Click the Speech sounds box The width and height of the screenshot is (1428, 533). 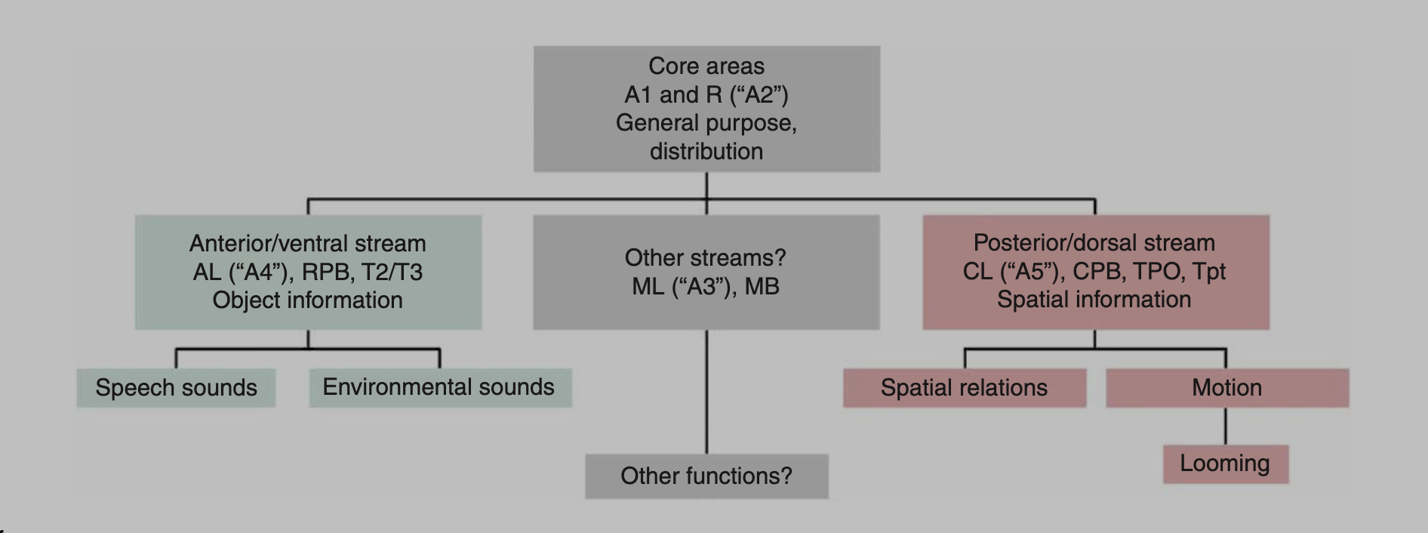point(176,388)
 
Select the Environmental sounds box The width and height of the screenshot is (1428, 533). point(439,387)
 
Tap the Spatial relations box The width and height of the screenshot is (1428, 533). point(964,388)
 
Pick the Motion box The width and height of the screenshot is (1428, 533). point(1226,388)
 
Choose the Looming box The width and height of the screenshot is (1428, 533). point(1225,464)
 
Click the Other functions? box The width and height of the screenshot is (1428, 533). point(706,476)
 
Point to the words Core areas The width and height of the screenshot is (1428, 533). point(706,66)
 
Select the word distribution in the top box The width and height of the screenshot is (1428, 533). point(706,152)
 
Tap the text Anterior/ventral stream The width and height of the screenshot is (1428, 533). point(308,244)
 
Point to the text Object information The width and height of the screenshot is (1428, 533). point(308,300)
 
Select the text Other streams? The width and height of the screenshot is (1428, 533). point(706,258)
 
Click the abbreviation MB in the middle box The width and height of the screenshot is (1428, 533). point(762,287)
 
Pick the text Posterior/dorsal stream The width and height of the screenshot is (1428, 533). point(1094,243)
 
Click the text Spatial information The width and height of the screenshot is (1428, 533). point(1094,300)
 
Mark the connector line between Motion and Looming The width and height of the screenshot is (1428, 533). point(1225,427)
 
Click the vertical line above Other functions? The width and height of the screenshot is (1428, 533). point(706,393)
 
